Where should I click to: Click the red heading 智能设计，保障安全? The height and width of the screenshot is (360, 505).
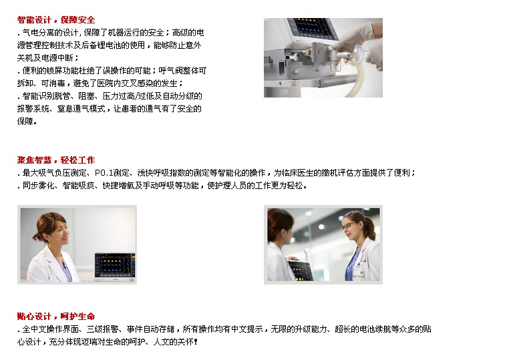pos(56,20)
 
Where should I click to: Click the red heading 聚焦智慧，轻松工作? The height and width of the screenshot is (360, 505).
pos(56,160)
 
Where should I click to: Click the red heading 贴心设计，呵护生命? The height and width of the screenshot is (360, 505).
pos(56,316)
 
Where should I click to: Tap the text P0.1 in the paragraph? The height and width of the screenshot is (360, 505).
pos(104,173)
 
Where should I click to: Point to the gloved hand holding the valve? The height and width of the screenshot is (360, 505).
pos(358,43)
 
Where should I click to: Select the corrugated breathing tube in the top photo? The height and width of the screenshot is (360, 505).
pos(352,81)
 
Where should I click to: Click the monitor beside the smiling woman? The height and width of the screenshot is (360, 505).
pos(115,267)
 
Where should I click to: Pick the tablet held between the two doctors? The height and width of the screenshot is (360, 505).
pos(300,270)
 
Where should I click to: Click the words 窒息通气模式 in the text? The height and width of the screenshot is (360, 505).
pos(81,109)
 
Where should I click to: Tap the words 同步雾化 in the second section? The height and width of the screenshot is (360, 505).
pos(38,186)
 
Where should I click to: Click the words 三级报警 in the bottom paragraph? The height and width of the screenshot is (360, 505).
pos(103,329)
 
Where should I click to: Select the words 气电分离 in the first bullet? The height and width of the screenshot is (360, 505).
pos(38,33)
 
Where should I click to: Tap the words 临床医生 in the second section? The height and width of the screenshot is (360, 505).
pos(297,173)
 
